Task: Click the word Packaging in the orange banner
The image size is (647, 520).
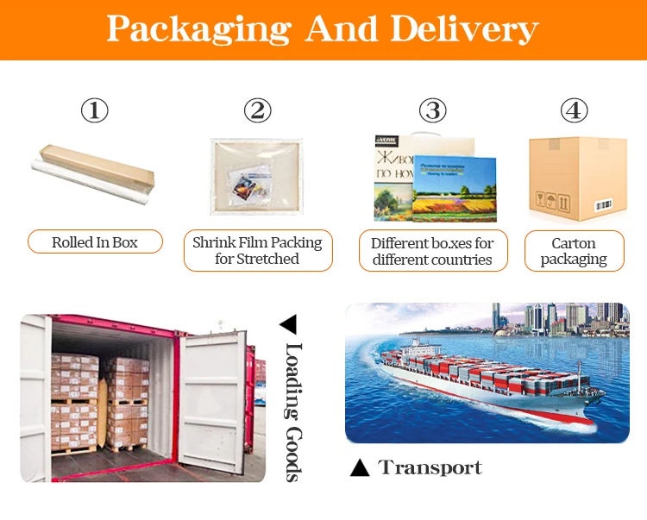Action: tap(198, 30)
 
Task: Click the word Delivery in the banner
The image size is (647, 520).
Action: tap(464, 28)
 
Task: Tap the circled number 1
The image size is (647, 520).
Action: tap(95, 110)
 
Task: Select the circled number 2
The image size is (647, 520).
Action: tap(257, 110)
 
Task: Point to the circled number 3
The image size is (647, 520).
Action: tap(432, 110)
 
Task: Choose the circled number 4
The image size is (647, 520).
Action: tap(574, 110)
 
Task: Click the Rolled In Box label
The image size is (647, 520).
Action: tap(95, 242)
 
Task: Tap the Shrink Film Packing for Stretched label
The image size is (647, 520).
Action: tap(257, 250)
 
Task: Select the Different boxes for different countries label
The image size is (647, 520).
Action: tap(432, 250)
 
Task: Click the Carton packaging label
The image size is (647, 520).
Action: tap(574, 250)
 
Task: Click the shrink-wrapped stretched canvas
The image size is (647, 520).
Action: tap(257, 177)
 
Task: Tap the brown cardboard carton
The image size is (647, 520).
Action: tap(576, 178)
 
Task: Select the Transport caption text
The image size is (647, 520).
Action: tap(430, 468)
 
